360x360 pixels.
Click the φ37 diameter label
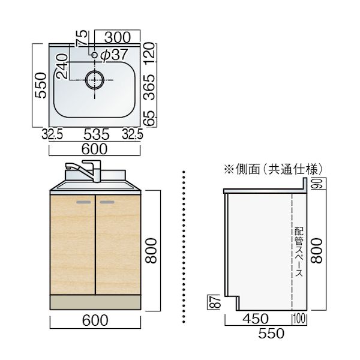click(114, 55)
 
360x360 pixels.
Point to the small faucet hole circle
click(94, 55)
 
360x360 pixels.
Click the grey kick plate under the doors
click(95, 303)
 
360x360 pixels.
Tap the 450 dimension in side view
click(257, 319)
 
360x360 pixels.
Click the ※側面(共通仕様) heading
click(273, 170)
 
